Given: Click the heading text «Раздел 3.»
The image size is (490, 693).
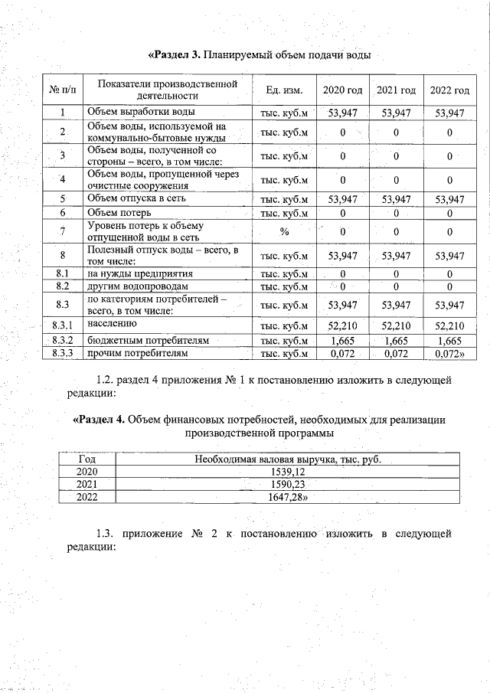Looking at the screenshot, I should (x=174, y=55).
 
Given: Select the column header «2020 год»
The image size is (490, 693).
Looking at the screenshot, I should (x=342, y=90).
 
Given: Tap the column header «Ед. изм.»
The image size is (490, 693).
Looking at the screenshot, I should (x=284, y=90).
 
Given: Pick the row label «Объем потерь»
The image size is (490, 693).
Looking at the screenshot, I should (x=119, y=212).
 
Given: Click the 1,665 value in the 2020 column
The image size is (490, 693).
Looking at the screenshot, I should (x=342, y=340).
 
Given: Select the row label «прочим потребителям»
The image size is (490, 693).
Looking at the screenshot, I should (x=136, y=353).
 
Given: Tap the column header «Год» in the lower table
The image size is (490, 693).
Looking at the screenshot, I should (x=87, y=459).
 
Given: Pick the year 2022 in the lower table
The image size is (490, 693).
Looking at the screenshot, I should (x=87, y=498).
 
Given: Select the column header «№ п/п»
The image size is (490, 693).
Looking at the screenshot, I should (x=62, y=90).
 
